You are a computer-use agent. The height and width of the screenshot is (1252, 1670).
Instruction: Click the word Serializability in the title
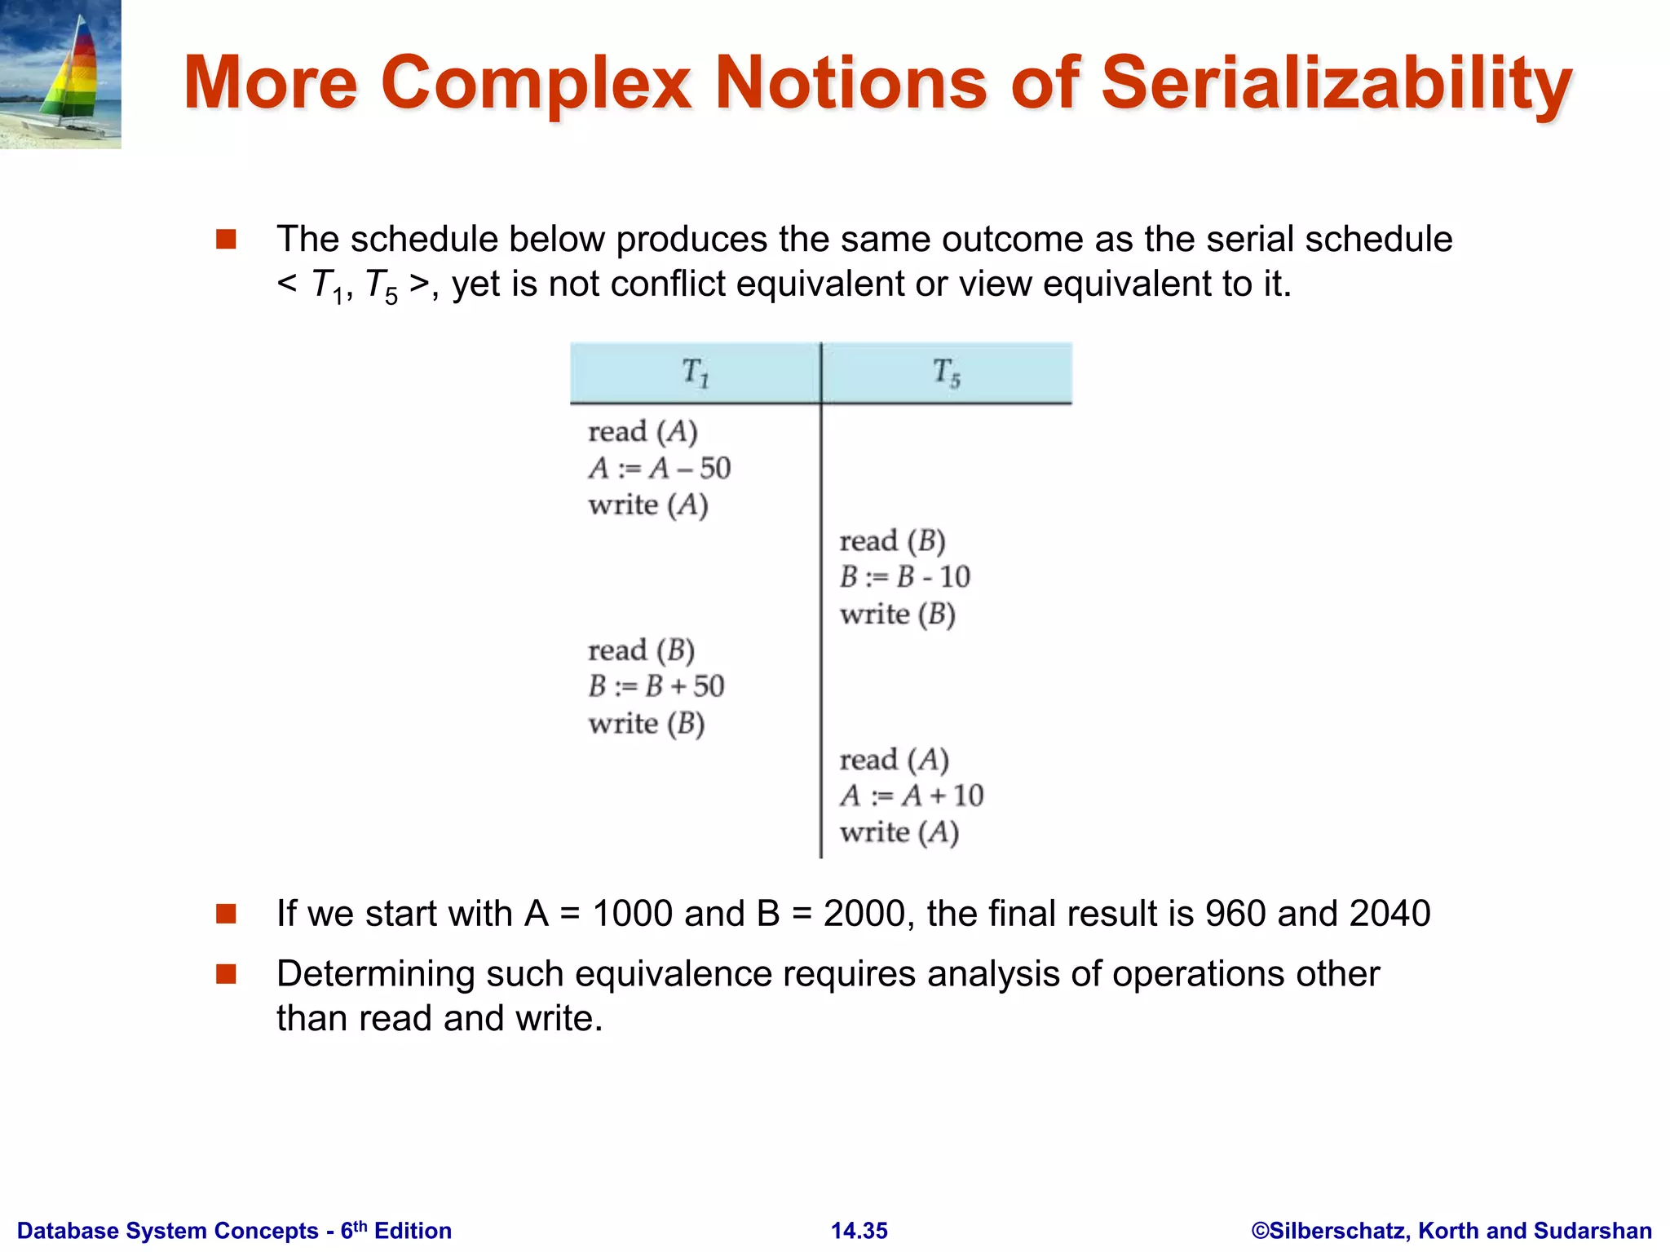(1336, 83)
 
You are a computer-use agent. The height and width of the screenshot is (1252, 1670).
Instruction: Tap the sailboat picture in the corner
(60, 74)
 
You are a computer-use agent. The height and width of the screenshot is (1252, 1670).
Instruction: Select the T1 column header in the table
(696, 373)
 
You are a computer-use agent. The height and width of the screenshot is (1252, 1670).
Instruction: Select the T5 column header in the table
(947, 373)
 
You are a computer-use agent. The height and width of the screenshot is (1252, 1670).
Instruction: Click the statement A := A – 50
(659, 468)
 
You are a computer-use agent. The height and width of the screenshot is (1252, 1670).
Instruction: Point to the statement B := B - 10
(904, 577)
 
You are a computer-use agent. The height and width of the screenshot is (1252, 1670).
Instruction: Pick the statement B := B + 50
(656, 686)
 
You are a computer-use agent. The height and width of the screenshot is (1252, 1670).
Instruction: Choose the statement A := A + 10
(911, 796)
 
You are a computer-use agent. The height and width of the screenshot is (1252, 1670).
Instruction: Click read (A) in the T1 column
(643, 431)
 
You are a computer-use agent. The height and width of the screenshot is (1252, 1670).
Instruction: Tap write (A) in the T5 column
(899, 832)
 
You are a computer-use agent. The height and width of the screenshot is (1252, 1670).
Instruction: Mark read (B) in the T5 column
(892, 540)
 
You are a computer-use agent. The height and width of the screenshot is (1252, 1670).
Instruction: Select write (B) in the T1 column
(646, 723)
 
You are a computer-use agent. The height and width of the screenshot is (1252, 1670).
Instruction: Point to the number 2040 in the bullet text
(1389, 914)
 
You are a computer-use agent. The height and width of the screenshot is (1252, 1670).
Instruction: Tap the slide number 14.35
(859, 1231)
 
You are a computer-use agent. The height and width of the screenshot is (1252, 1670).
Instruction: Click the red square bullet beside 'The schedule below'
(226, 240)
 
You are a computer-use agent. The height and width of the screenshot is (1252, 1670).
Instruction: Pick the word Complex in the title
(536, 83)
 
